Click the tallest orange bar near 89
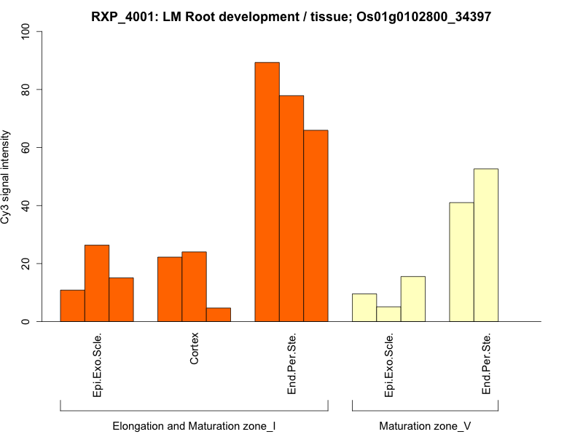click(x=267, y=192)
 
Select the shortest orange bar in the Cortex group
click(x=218, y=315)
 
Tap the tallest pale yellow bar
click(x=486, y=245)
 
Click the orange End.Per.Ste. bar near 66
click(x=316, y=226)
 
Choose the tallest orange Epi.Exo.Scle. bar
click(x=97, y=283)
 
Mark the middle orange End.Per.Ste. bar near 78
click(x=291, y=208)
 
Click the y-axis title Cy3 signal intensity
click(x=7, y=176)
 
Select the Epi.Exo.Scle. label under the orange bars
click(x=98, y=365)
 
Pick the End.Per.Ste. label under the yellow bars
click(x=487, y=364)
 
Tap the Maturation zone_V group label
click(x=425, y=425)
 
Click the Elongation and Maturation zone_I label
click(x=194, y=425)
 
